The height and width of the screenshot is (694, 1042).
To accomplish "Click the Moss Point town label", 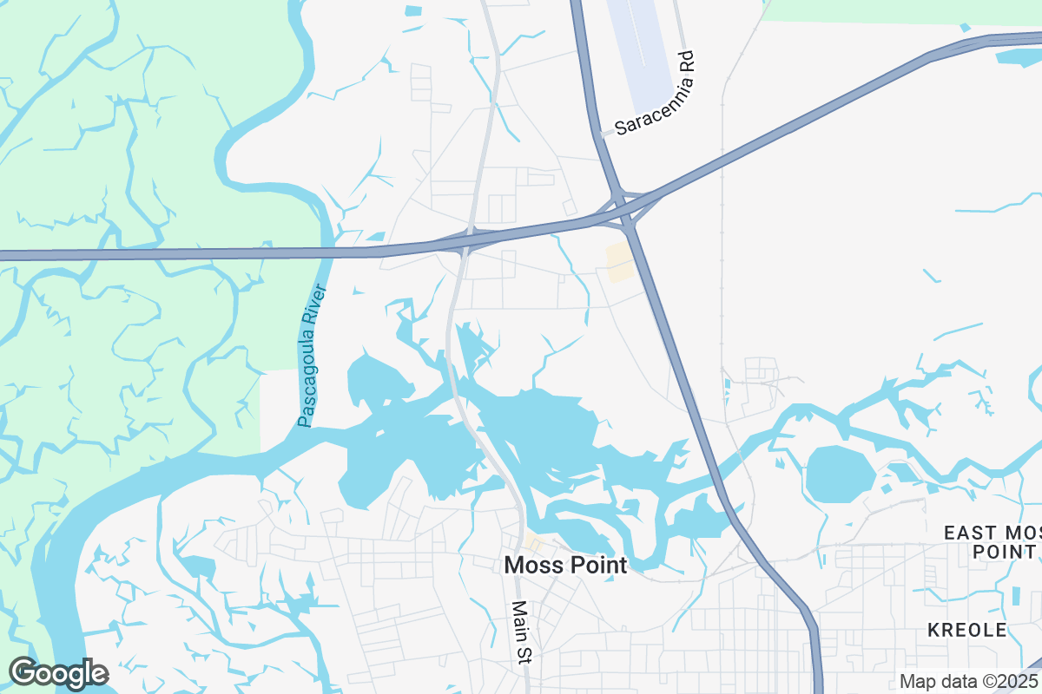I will tap(565, 566).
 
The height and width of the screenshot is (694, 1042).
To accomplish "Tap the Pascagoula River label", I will tap(312, 357).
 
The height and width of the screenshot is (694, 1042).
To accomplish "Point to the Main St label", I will tap(520, 633).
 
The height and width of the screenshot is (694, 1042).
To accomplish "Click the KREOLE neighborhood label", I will tap(966, 630).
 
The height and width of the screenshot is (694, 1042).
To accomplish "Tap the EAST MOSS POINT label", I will tap(992, 541).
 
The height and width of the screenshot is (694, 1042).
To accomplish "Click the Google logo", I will tap(58, 673).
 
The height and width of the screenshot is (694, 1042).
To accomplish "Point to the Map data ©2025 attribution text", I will tap(969, 681).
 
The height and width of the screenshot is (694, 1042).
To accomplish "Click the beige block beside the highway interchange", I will tap(619, 261).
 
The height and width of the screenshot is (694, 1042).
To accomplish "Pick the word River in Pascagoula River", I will tap(318, 306).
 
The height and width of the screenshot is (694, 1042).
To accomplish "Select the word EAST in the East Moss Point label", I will tap(966, 532).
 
